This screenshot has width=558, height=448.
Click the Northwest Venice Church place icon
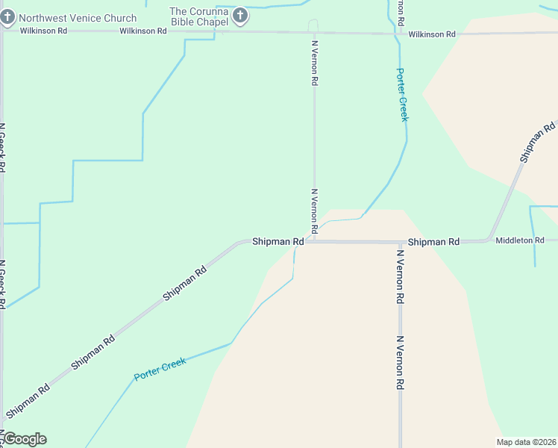(x=8, y=16)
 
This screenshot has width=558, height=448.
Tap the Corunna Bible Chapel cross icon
(x=240, y=15)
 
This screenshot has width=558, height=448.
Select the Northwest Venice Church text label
(x=78, y=18)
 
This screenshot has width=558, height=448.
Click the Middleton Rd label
(x=520, y=240)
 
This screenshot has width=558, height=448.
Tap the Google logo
(x=25, y=439)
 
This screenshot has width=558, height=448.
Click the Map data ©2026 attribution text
(x=525, y=442)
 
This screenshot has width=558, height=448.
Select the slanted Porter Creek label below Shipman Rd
(x=160, y=368)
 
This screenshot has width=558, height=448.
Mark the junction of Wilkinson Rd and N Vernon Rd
(x=313, y=32)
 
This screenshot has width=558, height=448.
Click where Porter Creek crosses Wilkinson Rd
(x=395, y=33)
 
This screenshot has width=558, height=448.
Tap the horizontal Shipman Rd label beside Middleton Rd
(x=433, y=242)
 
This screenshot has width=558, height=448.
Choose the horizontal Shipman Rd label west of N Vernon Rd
(x=278, y=242)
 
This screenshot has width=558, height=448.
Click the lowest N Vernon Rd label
(x=400, y=362)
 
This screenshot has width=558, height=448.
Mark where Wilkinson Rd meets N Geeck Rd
(x=2, y=31)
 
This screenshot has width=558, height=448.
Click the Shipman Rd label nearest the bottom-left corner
(x=28, y=400)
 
